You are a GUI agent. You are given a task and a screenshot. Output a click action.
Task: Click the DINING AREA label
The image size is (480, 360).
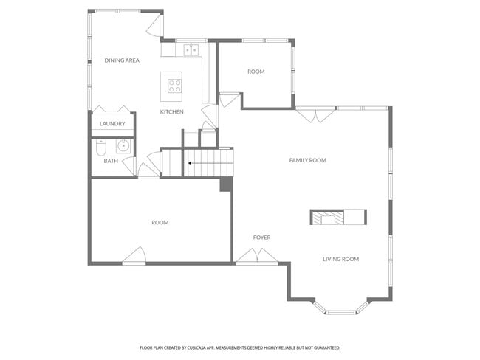122,60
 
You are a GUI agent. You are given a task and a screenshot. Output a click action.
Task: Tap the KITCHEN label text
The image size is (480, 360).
171,111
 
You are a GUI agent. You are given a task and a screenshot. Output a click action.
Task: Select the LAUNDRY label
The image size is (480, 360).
112,124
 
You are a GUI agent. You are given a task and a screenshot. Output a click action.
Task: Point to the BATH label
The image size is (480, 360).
110,161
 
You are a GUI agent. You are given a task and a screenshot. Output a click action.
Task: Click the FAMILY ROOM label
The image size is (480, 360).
307,160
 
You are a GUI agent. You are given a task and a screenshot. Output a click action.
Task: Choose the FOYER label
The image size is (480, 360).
261,238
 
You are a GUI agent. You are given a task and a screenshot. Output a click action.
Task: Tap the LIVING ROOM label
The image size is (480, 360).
340,259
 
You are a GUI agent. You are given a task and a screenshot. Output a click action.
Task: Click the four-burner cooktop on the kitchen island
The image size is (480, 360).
174,86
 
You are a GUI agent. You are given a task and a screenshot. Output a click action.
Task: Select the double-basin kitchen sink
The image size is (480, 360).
192,50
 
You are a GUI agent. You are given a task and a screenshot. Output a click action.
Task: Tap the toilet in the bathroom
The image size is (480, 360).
102,148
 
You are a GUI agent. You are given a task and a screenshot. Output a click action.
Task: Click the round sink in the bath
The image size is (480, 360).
123,145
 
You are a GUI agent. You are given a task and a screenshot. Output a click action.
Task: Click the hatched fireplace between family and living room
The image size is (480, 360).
326,217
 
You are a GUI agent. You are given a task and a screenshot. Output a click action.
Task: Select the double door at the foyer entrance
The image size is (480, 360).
257,257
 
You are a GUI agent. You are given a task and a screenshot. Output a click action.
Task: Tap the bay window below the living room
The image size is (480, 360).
340,310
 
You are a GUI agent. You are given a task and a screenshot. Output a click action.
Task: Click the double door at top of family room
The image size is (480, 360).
315,115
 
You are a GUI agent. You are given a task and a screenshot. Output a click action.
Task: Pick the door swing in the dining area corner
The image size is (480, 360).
154,26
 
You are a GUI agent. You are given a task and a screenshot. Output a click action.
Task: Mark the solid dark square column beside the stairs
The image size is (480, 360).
227,184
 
